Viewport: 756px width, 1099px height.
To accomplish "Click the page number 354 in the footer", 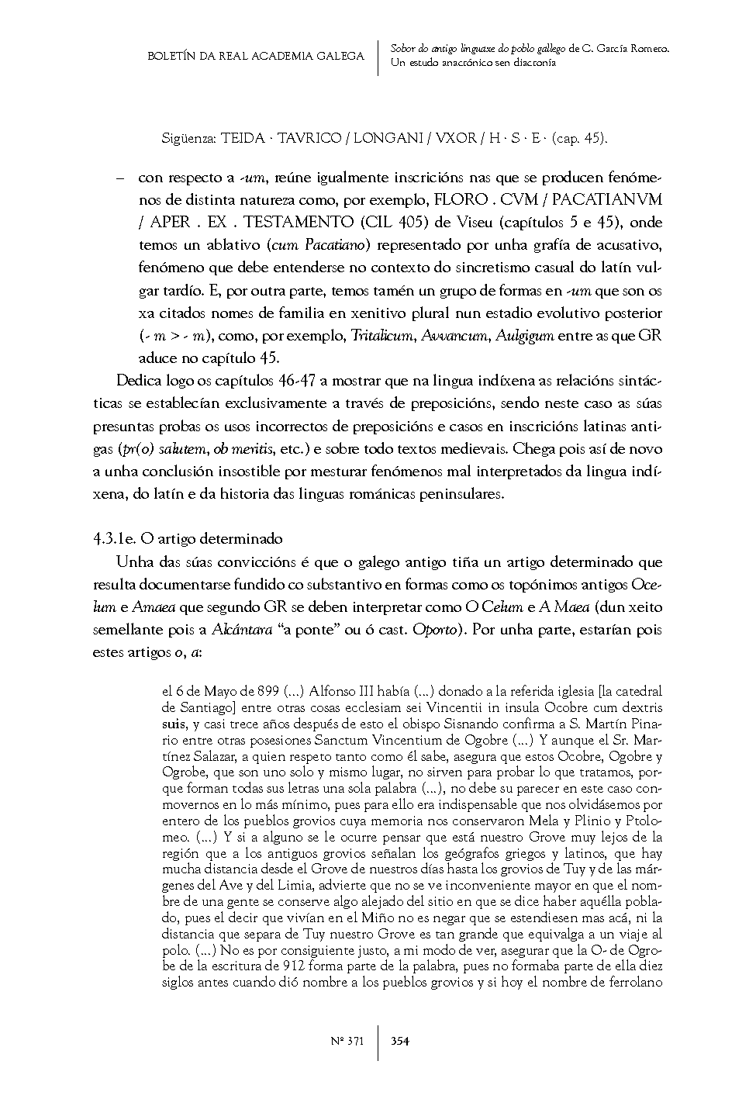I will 400,1041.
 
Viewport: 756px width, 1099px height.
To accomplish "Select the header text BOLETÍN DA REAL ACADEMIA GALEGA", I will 256,56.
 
